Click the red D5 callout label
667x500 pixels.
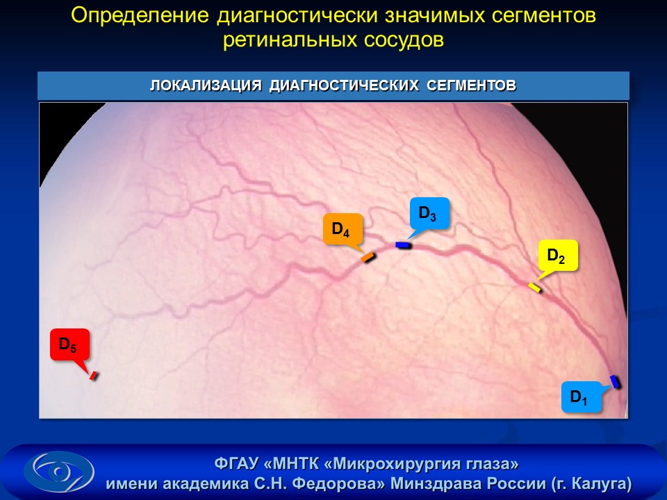tap(69, 344)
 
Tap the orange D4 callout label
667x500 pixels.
tap(343, 230)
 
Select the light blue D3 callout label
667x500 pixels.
tap(429, 213)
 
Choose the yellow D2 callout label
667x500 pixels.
tap(558, 255)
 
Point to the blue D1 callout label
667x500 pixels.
tap(581, 397)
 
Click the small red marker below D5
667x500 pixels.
tap(94, 376)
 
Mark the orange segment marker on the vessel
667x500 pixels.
tap(368, 257)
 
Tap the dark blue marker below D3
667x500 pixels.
tap(402, 245)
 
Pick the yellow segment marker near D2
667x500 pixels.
tap(535, 287)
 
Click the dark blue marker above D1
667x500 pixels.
tap(615, 381)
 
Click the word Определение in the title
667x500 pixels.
tap(140, 16)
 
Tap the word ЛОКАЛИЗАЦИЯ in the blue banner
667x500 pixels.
tap(206, 85)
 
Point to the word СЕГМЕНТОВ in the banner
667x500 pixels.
tap(471, 85)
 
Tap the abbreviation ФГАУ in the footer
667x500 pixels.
tap(236, 462)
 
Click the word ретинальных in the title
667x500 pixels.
tap(290, 40)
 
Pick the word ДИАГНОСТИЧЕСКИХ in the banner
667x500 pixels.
tap(344, 85)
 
